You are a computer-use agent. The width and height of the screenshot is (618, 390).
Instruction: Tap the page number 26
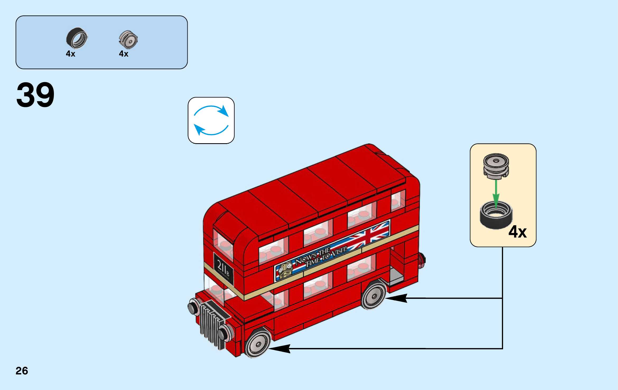(22, 371)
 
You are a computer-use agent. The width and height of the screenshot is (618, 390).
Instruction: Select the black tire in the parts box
(77, 38)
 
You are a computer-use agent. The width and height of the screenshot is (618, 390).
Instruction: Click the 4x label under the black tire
(71, 54)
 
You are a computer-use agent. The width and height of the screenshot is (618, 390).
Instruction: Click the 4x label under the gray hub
(124, 54)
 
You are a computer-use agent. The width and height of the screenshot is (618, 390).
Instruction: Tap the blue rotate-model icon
(211, 120)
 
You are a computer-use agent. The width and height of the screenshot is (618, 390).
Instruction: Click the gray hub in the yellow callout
(496, 165)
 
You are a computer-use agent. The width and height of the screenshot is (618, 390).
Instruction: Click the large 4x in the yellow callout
(517, 232)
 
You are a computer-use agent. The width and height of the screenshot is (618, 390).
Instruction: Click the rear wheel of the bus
(374, 295)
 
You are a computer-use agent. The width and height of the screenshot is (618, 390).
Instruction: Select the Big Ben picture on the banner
(286, 270)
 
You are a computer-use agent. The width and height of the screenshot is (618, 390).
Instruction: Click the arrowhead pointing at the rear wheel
(396, 298)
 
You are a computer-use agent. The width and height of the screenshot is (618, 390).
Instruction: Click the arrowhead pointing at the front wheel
(280, 349)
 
